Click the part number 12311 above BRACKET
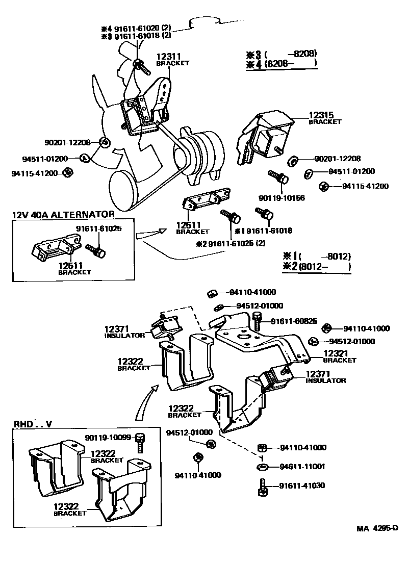point(168,57)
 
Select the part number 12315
point(321,115)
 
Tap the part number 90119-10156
point(282,198)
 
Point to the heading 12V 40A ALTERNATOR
point(63,215)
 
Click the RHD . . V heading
point(33,424)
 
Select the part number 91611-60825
point(294,321)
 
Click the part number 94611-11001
point(302,467)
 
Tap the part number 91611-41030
point(302,486)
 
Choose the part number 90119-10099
point(108,438)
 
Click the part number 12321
point(336,353)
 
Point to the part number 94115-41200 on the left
point(34,173)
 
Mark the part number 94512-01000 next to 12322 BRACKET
point(189,432)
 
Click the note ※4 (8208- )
point(282,64)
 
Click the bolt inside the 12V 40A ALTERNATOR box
point(95,250)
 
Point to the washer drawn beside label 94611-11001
point(262,467)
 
